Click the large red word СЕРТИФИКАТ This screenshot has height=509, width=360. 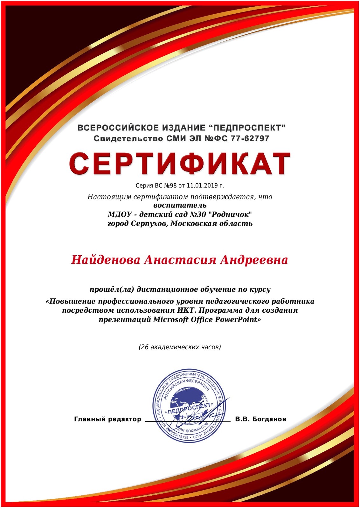(x=180, y=164)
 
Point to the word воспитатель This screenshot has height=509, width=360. (x=180, y=205)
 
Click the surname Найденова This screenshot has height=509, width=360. (x=106, y=260)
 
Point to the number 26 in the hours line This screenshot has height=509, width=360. (x=145, y=347)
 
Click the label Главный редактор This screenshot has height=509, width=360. (x=107, y=419)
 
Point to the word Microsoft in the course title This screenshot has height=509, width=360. (x=171, y=319)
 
